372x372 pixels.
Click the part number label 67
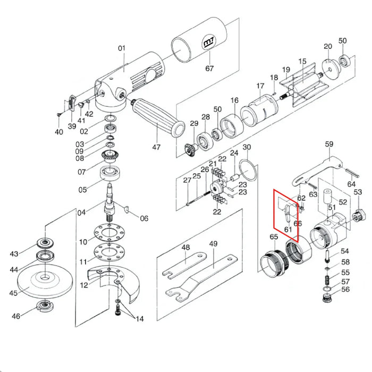pyautogui.click(x=209, y=68)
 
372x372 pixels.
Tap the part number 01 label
pyautogui.click(x=122, y=48)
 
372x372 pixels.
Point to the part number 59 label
pyautogui.click(x=329, y=144)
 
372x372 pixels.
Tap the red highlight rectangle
pyautogui.click(x=286, y=215)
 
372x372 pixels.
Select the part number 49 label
pyautogui.click(x=213, y=244)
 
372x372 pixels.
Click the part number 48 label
pyautogui.click(x=185, y=248)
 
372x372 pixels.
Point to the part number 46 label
pyautogui.click(x=16, y=316)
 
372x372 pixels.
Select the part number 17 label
pyautogui.click(x=260, y=86)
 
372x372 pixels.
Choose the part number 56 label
pyautogui.click(x=345, y=290)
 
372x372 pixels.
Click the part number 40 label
pyautogui.click(x=59, y=132)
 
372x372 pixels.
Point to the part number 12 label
pyautogui.click(x=84, y=285)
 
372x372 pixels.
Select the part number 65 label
pyautogui.click(x=274, y=236)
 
